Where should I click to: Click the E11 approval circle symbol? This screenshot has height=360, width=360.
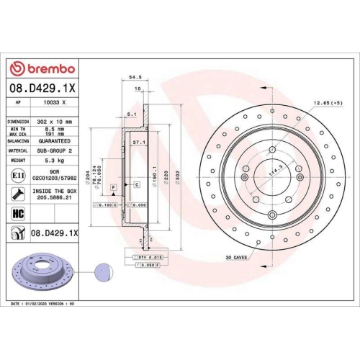pos(18,175)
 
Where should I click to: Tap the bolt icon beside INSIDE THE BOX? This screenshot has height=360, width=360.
pos(18,194)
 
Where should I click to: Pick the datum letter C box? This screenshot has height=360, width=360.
pos(135,185)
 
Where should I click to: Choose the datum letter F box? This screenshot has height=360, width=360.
pos(113,187)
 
